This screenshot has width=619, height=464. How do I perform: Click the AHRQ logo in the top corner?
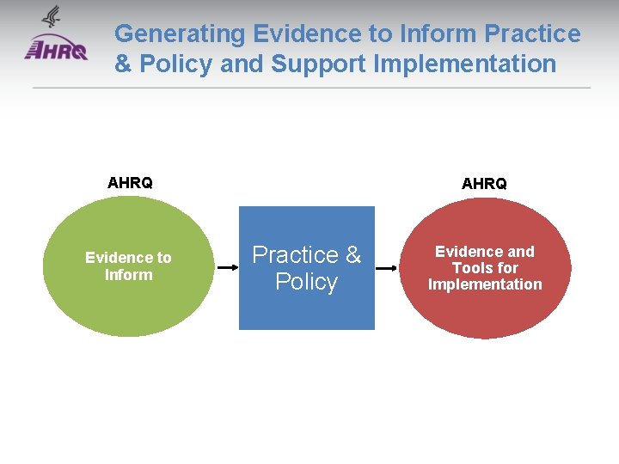(56, 49)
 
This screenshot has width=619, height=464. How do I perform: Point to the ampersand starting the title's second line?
(122, 64)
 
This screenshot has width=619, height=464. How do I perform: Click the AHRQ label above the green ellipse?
(130, 182)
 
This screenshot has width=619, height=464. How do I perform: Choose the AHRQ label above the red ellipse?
(484, 183)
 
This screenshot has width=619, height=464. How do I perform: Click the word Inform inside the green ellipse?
(128, 275)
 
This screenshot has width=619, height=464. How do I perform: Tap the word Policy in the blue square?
(306, 282)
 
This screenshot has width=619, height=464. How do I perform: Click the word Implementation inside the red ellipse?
(485, 284)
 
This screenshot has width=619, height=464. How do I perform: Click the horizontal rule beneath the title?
(311, 88)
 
